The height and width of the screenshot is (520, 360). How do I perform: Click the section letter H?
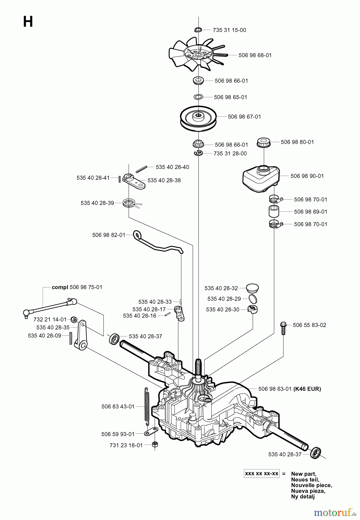click(x=28, y=22)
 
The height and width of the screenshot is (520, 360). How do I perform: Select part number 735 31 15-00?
click(x=229, y=30)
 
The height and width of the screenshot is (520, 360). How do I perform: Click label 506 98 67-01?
click(x=244, y=117)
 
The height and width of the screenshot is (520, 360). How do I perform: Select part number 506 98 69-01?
click(x=310, y=212)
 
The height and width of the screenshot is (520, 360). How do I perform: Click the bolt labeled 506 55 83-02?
click(x=283, y=328)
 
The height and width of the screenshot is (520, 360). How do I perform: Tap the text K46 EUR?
click(x=307, y=389)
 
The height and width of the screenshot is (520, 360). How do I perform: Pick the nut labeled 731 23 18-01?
click(x=155, y=445)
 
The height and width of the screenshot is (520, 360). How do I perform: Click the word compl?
click(x=60, y=287)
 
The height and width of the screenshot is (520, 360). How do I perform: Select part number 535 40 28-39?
click(x=97, y=203)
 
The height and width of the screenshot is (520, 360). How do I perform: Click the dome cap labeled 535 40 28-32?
click(x=253, y=288)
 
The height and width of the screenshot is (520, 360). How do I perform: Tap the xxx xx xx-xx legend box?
click(x=262, y=474)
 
